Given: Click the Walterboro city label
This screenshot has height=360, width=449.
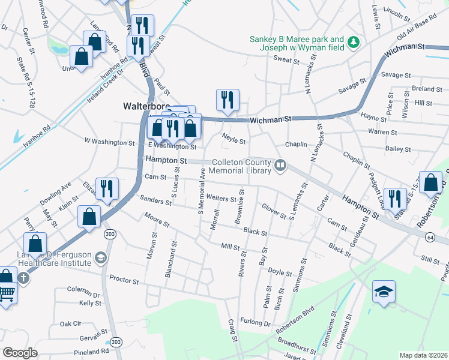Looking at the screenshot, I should pos(145,106).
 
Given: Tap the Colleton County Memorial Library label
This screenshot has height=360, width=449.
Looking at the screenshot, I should pos(241,166).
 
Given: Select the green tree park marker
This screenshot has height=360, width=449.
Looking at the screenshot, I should pos(354,41).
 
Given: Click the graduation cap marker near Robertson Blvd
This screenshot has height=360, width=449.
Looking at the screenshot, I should pos(384,292).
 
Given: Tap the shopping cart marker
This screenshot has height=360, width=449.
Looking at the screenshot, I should pos(6,294).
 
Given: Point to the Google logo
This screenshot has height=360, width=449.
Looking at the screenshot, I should pos(20,353).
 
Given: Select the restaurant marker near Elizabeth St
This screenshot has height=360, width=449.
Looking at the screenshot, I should pos(107,190).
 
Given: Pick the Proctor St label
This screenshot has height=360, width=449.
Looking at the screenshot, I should pos(124,280).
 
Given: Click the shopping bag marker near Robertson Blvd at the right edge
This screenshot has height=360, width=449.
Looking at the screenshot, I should pos(430,183).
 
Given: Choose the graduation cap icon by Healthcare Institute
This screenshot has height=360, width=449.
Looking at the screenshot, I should pos(101,258).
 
